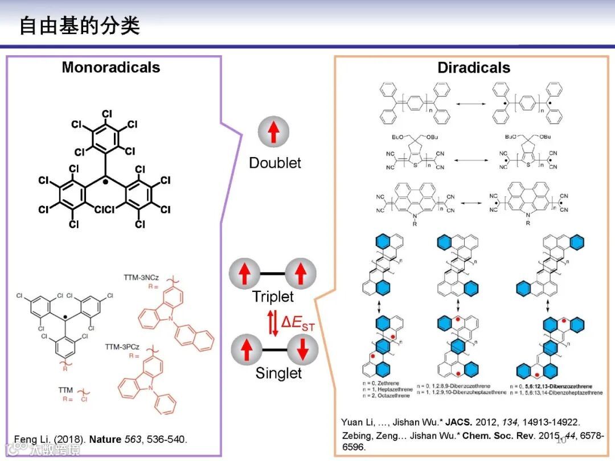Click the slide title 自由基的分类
pyautogui.click(x=80, y=26)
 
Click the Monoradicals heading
pyautogui.click(x=111, y=67)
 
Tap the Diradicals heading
pyautogui.click(x=473, y=68)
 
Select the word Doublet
pyautogui.click(x=275, y=163)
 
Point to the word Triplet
pyautogui.click(x=273, y=297)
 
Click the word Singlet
pyautogui.click(x=278, y=373)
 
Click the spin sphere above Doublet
pyautogui.click(x=274, y=132)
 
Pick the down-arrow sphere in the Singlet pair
pyautogui.click(x=302, y=349)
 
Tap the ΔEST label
pyautogui.click(x=298, y=323)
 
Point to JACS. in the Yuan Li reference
pyautogui.click(x=457, y=422)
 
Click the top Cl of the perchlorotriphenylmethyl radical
pyautogui.click(x=107, y=114)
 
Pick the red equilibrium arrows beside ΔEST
pyautogui.click(x=273, y=323)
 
